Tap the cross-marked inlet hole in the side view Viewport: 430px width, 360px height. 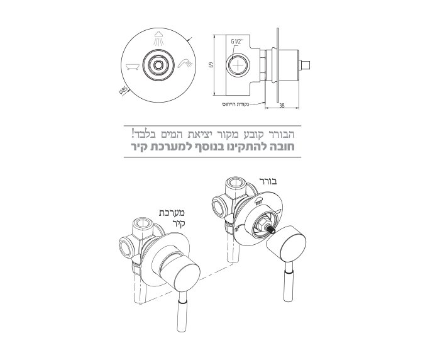pyautogui.click(x=241, y=65)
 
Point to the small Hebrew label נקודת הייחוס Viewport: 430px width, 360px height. pyautogui.click(x=237, y=103)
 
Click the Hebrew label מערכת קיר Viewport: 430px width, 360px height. pyautogui.click(x=170, y=217)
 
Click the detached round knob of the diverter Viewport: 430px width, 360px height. pyautogui.click(x=286, y=241)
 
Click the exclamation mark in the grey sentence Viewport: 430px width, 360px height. pyautogui.click(x=134, y=133)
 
